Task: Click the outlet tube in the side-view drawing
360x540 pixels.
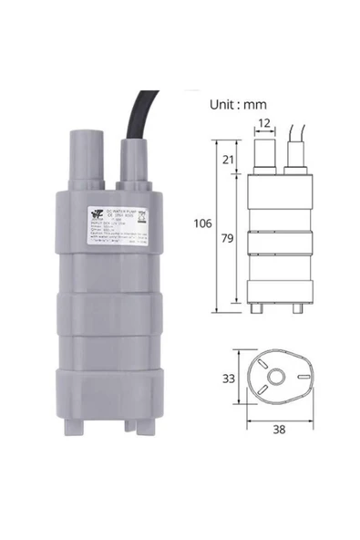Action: coord(262,156)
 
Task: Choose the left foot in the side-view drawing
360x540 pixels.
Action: coord(260,308)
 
